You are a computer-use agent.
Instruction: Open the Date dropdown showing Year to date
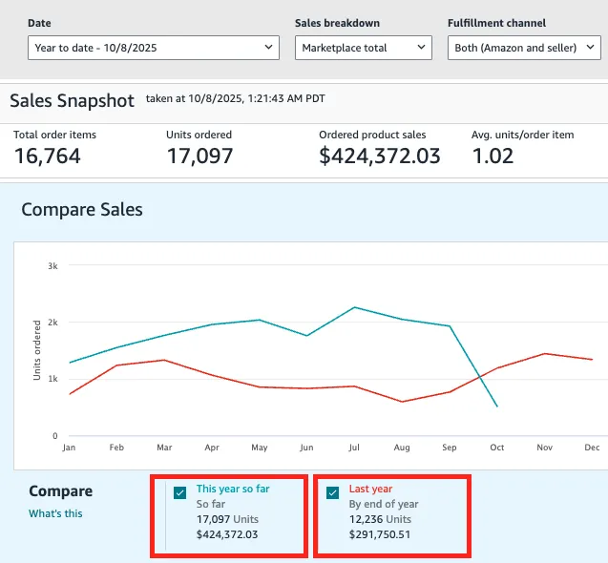[153, 47]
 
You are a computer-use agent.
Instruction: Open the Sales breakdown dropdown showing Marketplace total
[363, 47]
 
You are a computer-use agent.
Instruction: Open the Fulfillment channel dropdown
[523, 47]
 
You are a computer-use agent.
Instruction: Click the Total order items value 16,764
[48, 156]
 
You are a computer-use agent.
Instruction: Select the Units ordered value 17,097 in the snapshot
[199, 156]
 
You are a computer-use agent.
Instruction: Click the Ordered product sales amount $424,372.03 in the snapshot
[380, 156]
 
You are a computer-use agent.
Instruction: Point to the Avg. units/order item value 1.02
[493, 156]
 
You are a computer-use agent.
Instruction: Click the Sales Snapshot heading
[73, 100]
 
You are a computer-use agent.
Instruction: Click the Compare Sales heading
[82, 209]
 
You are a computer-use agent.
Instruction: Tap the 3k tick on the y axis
[52, 265]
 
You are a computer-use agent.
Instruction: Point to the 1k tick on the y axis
[52, 379]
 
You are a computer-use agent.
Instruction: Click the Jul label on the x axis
[354, 447]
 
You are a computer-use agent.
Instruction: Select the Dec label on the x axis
[592, 447]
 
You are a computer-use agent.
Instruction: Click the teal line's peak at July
[354, 307]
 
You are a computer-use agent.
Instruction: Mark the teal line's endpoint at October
[497, 407]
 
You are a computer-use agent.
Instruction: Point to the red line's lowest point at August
[402, 402]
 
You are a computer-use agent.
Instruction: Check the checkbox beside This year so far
[180, 492]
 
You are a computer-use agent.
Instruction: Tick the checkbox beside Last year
[333, 492]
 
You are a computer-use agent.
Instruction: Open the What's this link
[55, 513]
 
